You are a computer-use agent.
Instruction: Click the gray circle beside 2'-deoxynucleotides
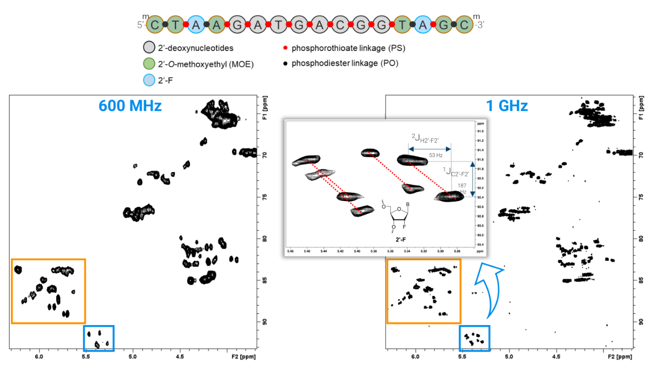click(x=149, y=48)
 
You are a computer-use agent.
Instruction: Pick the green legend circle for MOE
click(x=149, y=64)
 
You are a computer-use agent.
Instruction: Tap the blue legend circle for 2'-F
click(x=149, y=80)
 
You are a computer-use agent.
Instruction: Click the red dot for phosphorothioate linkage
click(x=285, y=48)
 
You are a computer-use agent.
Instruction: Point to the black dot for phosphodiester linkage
click(x=285, y=64)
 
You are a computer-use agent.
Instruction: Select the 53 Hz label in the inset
click(x=436, y=155)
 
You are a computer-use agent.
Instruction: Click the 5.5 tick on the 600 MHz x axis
click(x=86, y=357)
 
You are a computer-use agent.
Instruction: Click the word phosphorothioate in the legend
click(x=322, y=48)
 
